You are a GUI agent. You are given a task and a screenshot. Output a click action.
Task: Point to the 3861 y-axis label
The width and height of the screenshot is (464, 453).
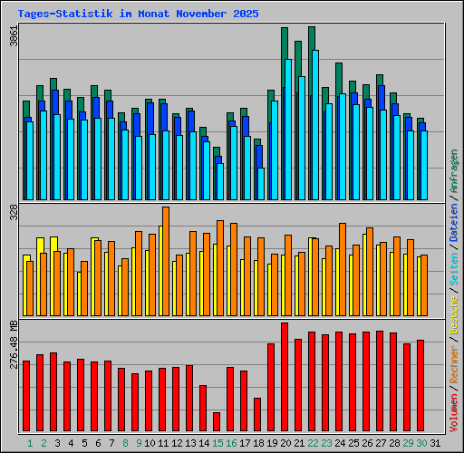13,36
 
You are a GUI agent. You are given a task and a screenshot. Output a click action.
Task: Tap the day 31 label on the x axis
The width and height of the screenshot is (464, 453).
435,443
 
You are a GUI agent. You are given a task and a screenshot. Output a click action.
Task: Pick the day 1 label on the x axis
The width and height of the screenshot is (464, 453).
30,443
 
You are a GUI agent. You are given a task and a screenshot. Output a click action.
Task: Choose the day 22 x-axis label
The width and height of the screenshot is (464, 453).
313,443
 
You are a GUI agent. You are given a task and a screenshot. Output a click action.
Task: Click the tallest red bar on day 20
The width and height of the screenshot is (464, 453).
285,377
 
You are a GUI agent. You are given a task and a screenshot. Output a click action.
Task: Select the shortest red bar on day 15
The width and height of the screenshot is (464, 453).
217,422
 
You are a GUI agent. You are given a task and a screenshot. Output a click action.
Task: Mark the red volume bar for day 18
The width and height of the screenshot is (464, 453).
257,415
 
